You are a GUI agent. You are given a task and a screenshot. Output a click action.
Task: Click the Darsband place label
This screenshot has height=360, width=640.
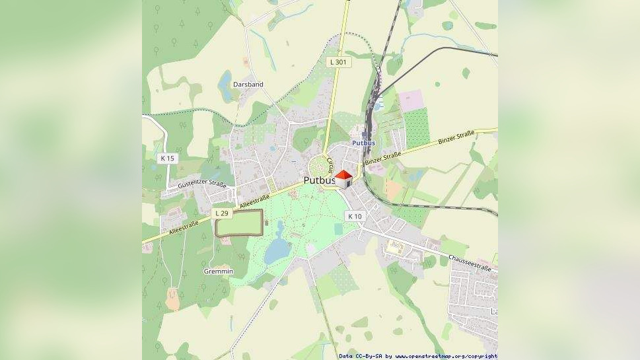click(x=248, y=85)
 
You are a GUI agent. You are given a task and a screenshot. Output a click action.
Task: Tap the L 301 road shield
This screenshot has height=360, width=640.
click(x=338, y=62)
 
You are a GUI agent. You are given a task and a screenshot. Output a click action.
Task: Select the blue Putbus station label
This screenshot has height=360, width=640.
click(x=363, y=143)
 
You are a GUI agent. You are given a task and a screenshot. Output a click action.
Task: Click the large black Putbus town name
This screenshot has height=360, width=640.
click(x=320, y=180)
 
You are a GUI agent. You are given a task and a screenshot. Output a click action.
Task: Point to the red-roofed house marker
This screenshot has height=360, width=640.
click(x=343, y=179)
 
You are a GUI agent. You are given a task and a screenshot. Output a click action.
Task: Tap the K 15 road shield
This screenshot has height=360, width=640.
click(x=168, y=159)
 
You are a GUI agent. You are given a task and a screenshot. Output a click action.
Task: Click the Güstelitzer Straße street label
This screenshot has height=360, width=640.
click(x=202, y=186)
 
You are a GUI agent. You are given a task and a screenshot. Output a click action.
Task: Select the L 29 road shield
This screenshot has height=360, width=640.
click(x=222, y=213)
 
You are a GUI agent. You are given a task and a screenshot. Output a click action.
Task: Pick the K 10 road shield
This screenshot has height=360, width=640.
click(x=355, y=217)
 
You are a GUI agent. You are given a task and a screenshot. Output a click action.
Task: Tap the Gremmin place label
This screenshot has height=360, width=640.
click(x=218, y=271)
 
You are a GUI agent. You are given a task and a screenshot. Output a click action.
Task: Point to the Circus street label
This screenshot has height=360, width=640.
click(x=330, y=164)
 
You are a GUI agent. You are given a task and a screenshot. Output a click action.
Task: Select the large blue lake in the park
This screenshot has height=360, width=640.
click(x=278, y=248)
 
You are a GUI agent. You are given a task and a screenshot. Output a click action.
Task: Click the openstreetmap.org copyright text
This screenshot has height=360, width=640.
click(x=446, y=356)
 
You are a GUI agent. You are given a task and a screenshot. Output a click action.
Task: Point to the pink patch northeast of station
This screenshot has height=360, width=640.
click(x=410, y=100)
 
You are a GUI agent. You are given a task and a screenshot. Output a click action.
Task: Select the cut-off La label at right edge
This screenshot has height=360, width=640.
click(x=493, y=311)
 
